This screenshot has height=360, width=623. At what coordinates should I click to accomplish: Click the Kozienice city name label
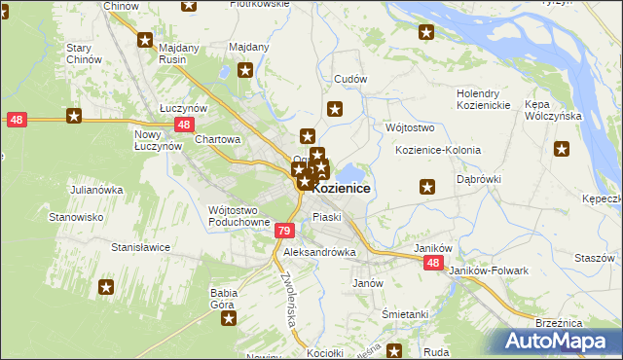(340, 188)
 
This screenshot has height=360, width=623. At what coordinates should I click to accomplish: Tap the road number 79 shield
(283, 231)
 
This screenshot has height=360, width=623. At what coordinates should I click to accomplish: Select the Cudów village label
(350, 79)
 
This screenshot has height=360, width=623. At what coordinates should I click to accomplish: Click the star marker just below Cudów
(336, 110)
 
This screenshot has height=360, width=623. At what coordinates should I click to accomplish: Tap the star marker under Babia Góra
(227, 318)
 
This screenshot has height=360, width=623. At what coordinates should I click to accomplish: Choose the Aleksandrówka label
(319, 252)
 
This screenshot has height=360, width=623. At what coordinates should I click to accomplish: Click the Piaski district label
(326, 217)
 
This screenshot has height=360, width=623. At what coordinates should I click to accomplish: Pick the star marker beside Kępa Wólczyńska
(562, 149)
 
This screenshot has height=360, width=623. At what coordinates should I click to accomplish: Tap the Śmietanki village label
(405, 314)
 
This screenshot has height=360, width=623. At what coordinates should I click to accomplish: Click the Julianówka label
(94, 190)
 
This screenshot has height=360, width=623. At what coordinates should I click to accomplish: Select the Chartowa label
(218, 139)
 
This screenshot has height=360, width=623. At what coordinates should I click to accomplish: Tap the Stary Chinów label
(84, 54)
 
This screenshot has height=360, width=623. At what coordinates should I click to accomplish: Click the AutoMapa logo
(559, 342)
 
